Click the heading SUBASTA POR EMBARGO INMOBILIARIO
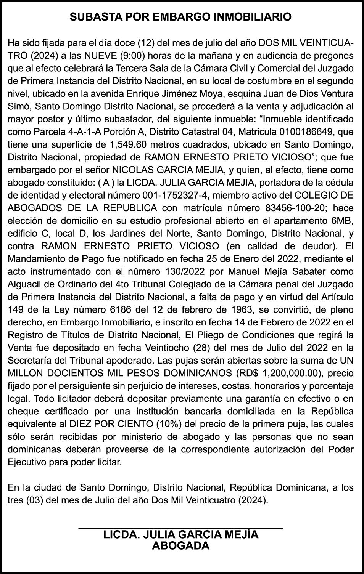[x=180, y=17]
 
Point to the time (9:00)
[x=132, y=56]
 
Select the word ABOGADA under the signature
[x=180, y=546]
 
